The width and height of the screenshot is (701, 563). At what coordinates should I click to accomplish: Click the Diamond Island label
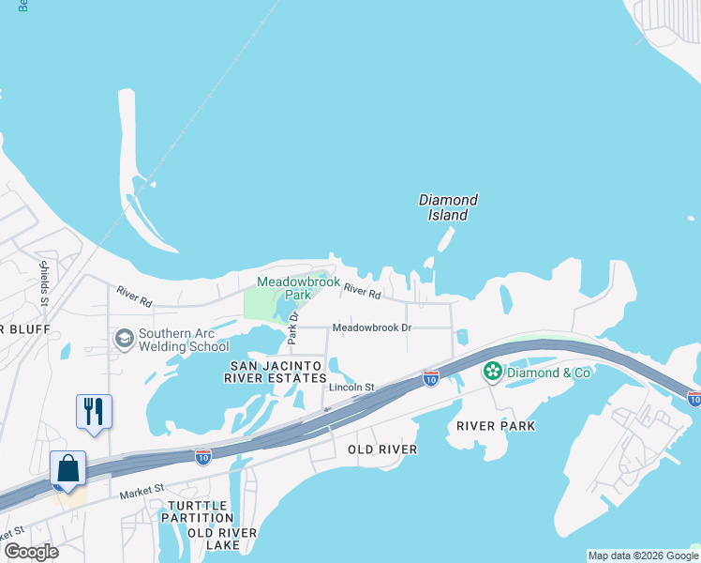pos(448,207)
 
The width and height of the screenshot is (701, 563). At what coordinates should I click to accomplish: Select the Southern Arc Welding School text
pos(184,340)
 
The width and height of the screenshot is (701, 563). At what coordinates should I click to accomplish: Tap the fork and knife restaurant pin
pos(94,412)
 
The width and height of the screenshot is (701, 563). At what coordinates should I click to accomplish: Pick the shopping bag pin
pos(68,468)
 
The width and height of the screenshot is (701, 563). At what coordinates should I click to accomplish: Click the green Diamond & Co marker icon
pos(493,372)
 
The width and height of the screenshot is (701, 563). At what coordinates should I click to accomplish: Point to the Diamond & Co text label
pos(549,373)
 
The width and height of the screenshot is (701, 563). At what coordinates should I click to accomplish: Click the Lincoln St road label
pos(351,387)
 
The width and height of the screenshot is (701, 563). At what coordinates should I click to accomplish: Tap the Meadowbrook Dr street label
pos(372,327)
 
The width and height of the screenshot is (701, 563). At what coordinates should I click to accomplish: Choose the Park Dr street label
pos(292,327)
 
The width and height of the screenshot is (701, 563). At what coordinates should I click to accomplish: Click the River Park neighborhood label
pos(496,426)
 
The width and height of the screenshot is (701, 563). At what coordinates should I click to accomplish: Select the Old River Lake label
pos(222,539)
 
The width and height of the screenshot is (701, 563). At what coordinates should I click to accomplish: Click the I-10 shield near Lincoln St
pos(430,378)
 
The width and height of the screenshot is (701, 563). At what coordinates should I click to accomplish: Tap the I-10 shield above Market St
pos(203,457)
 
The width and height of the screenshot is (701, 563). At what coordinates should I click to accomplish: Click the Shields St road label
pos(43,281)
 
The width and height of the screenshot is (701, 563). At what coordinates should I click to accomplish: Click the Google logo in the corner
pos(31,552)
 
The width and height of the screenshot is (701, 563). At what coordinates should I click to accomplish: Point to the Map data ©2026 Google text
pos(643,555)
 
